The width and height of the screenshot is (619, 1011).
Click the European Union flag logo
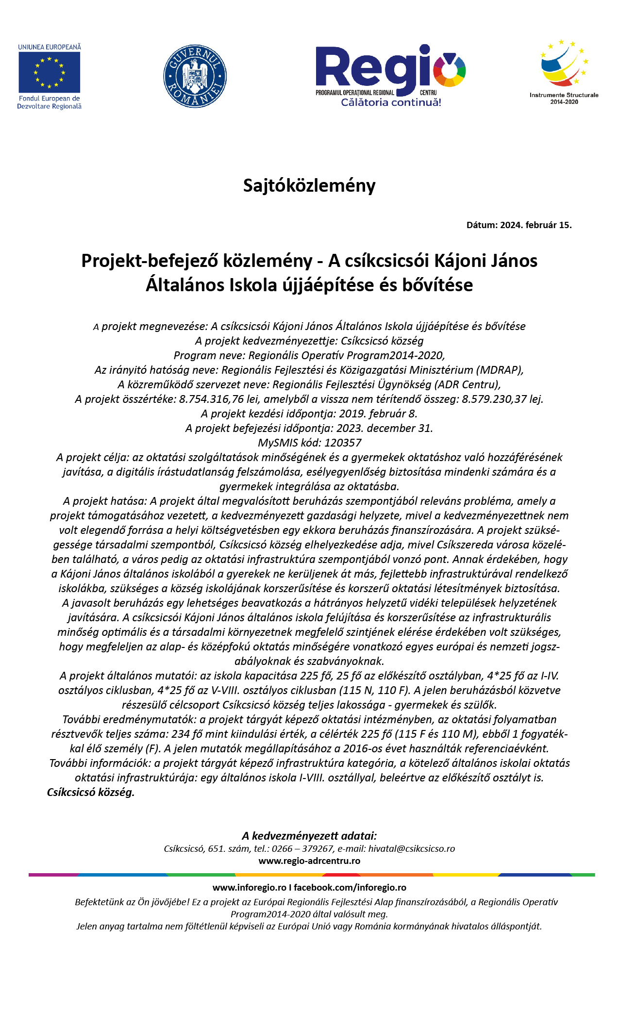(x=49, y=71)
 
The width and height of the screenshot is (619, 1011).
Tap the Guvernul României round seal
(x=195, y=76)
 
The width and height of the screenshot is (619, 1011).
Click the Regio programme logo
(x=390, y=70)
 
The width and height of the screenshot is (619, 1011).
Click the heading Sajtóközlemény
(x=309, y=185)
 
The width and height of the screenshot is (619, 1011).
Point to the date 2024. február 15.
(x=536, y=225)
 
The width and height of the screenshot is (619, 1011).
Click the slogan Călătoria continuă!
(x=391, y=102)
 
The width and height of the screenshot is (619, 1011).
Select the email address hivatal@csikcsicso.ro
(x=411, y=849)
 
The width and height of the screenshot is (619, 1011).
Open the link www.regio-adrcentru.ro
(x=309, y=861)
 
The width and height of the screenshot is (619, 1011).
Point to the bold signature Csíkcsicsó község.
(x=90, y=793)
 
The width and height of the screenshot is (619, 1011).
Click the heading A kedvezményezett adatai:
(x=309, y=836)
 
